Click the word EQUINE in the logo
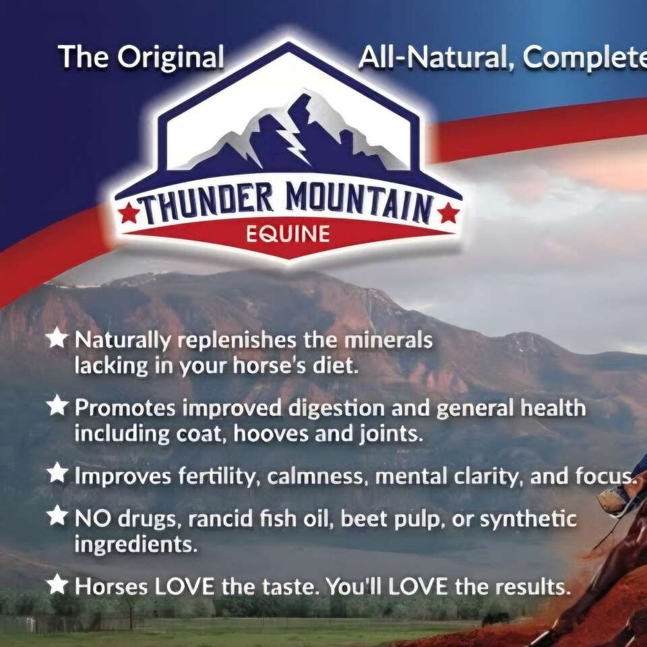click(x=288, y=235)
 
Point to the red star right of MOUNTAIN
click(x=447, y=215)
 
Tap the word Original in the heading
click(x=170, y=58)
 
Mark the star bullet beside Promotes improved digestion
click(x=58, y=406)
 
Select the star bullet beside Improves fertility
click(x=58, y=473)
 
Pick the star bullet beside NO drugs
click(x=58, y=516)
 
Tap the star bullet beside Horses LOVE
click(x=58, y=584)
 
